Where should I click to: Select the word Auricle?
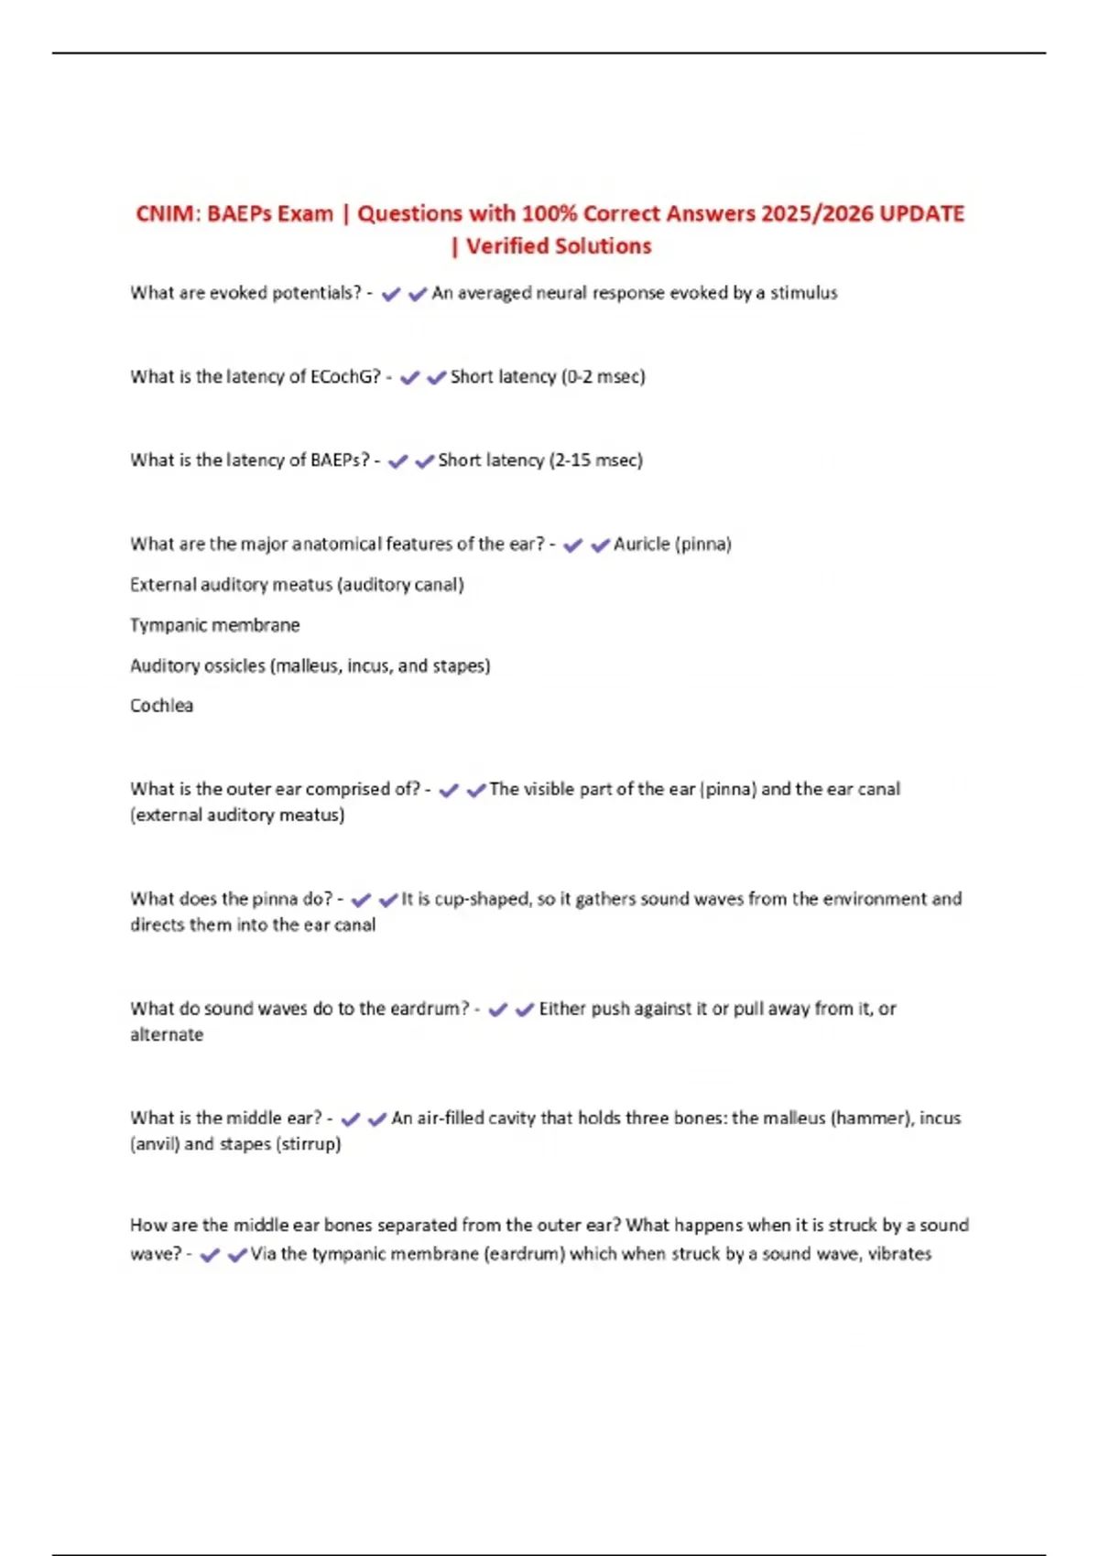(641, 544)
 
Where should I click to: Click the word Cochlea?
(162, 706)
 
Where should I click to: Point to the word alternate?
(167, 1034)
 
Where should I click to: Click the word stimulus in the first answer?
(803, 293)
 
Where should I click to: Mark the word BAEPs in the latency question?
(339, 459)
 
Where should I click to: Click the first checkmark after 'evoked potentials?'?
(391, 294)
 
